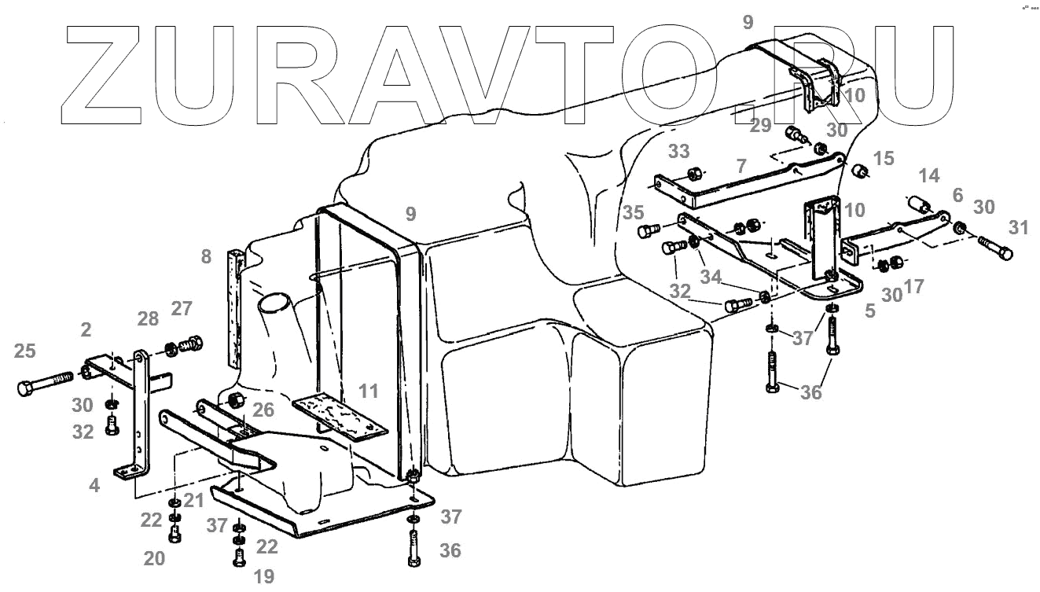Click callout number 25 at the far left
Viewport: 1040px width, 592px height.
coord(24,351)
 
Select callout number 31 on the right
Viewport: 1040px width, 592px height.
coord(1018,227)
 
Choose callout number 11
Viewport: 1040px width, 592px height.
coord(368,389)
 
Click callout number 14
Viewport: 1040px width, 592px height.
coord(929,175)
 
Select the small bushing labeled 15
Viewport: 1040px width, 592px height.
coord(859,171)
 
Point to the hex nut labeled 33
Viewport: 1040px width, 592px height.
coord(694,174)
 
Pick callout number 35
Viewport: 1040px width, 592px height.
coord(634,211)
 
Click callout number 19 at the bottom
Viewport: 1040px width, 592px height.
coord(264,576)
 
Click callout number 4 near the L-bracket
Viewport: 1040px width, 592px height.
coord(94,486)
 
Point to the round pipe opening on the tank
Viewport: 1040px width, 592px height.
coord(272,303)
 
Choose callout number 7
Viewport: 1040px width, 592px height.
coord(740,166)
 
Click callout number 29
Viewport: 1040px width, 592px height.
coord(760,125)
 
